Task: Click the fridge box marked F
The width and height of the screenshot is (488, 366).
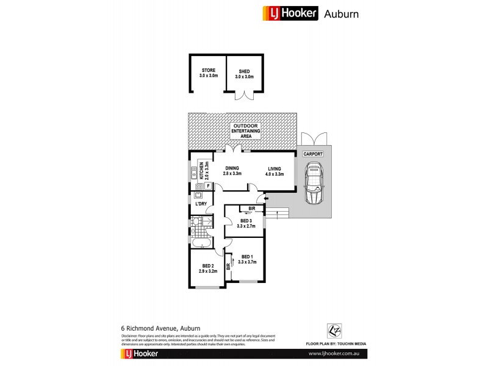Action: click(208, 185)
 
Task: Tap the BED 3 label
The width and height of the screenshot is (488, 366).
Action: click(246, 223)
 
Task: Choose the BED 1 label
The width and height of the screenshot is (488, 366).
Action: click(248, 259)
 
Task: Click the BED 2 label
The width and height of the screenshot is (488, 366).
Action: click(207, 268)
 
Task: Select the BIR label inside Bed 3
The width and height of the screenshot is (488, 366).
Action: click(251, 209)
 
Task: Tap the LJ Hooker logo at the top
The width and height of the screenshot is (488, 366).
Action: click(290, 13)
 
